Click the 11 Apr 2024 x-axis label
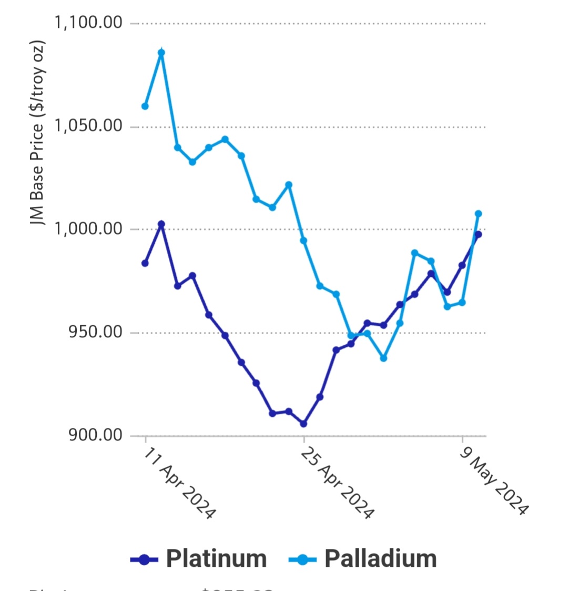(x=178, y=484)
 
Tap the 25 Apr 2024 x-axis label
(x=337, y=484)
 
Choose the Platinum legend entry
(x=216, y=558)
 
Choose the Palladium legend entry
(x=380, y=558)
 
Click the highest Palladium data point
(x=161, y=53)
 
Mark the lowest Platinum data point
(x=303, y=424)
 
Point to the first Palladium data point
(x=145, y=106)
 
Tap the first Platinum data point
(x=145, y=263)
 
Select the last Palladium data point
(x=479, y=214)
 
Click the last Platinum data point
(x=479, y=235)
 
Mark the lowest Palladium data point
(x=383, y=358)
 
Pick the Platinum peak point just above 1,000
(x=161, y=224)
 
